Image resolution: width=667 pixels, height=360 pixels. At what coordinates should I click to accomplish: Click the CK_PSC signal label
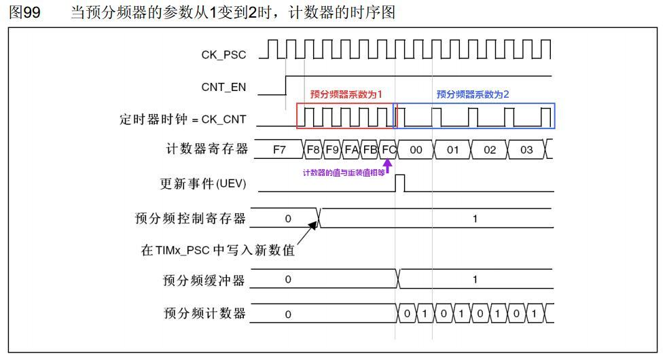coord(223,55)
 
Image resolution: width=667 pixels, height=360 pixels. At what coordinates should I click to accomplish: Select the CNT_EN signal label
coord(223,87)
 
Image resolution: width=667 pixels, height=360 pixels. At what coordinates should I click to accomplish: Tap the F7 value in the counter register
coord(279,150)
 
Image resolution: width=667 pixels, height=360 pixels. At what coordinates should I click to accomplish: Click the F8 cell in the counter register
coord(313,150)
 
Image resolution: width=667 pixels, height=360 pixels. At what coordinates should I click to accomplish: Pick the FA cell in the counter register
coord(351,150)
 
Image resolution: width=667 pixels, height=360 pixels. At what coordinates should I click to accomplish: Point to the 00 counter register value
coord(416,150)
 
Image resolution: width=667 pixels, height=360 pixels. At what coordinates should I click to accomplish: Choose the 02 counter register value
coord(490,150)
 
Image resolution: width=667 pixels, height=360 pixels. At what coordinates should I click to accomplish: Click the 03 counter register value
coord(526,150)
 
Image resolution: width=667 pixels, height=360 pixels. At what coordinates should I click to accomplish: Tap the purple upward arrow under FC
coord(388,166)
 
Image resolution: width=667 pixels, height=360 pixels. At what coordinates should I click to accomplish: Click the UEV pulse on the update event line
coord(400,183)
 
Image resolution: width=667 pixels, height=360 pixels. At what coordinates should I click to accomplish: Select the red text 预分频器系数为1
coord(346,94)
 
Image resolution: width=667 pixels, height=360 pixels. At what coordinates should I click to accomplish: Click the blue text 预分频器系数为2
coord(473,94)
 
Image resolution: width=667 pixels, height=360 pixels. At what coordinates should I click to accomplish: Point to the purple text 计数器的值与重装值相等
coord(344,173)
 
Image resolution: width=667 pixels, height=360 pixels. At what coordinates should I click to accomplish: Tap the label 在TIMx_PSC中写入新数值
coord(218,250)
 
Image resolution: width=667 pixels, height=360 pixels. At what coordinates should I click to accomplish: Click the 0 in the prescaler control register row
coord(288,219)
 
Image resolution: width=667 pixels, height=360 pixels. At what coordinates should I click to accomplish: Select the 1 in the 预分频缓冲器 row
coord(475,280)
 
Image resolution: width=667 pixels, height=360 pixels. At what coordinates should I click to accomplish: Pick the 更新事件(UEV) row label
coord(203,184)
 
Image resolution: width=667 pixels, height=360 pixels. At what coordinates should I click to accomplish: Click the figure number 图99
coord(24,12)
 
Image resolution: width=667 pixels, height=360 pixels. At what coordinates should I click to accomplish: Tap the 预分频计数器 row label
coord(204,313)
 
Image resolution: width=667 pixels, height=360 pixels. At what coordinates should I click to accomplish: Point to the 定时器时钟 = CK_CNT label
coord(183,119)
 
